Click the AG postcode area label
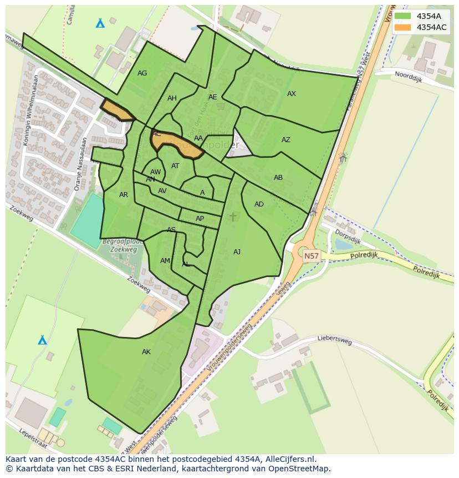pyautogui.click(x=142, y=73)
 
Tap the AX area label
pyautogui.click(x=292, y=94)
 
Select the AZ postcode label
pyautogui.click(x=286, y=140)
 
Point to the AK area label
pyautogui.click(x=146, y=352)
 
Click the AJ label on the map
pyautogui.click(x=237, y=252)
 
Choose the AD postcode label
pyautogui.click(x=259, y=204)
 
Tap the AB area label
pyautogui.click(x=278, y=178)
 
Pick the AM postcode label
pyautogui.click(x=165, y=261)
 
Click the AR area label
pyautogui.click(x=124, y=195)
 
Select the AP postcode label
pyautogui.click(x=200, y=219)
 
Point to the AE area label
pyautogui.click(x=213, y=97)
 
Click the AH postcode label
pyautogui.click(x=172, y=98)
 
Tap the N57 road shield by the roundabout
pyautogui.click(x=312, y=256)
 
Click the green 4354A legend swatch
pyautogui.click(x=403, y=17)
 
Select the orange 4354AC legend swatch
pyautogui.click(x=403, y=27)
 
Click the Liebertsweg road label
pyautogui.click(x=335, y=340)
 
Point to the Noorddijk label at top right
pyautogui.click(x=409, y=76)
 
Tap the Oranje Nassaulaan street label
pyautogui.click(x=81, y=164)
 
